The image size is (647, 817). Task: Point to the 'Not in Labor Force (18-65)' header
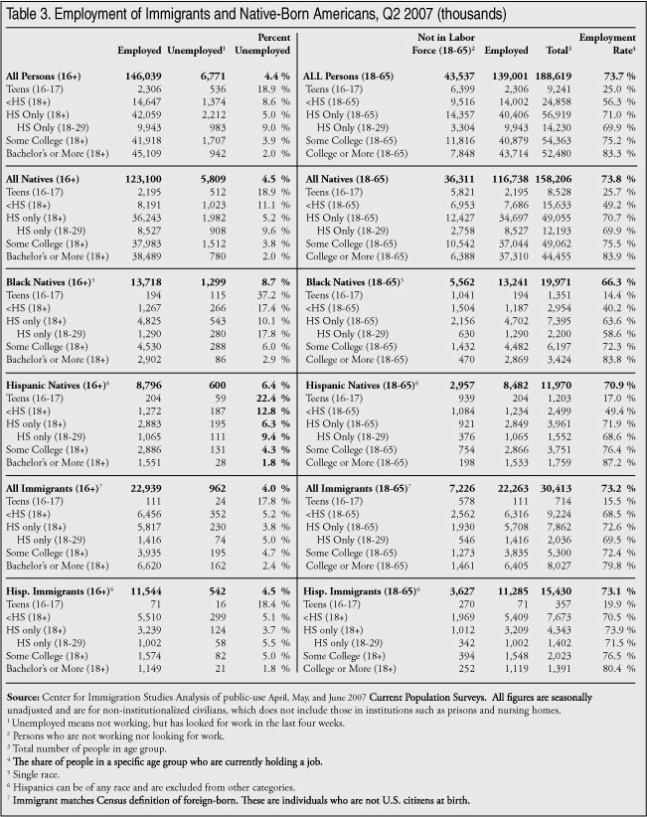pos(443,43)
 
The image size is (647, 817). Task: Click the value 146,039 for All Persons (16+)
pos(142,76)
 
